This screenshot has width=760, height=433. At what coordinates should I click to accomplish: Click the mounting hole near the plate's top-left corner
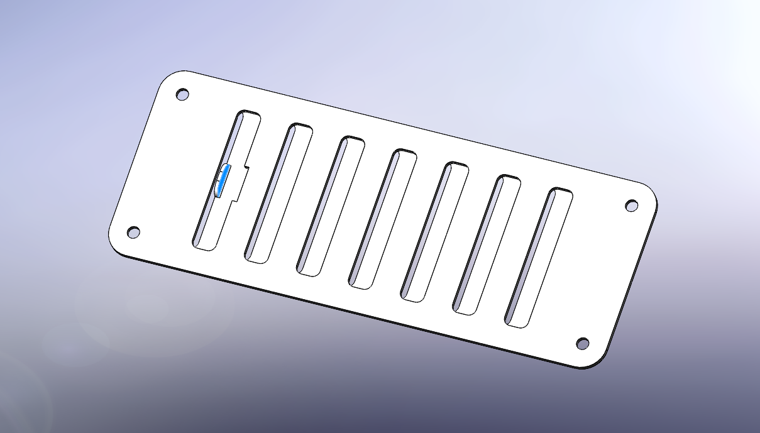coord(182,95)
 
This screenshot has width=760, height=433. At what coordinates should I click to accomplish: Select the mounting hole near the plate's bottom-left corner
coord(133,233)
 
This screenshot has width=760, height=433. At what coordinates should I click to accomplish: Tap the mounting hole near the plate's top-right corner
coord(632,206)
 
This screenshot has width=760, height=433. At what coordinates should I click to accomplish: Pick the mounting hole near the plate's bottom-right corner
coord(583,344)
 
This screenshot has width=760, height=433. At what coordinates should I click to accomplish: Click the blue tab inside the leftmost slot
coord(223,180)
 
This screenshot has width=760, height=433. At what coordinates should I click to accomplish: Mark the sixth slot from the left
coord(487,244)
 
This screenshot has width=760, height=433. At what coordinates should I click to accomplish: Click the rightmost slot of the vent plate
coord(539,258)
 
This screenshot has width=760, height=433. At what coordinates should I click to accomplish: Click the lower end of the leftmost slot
coord(204,244)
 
